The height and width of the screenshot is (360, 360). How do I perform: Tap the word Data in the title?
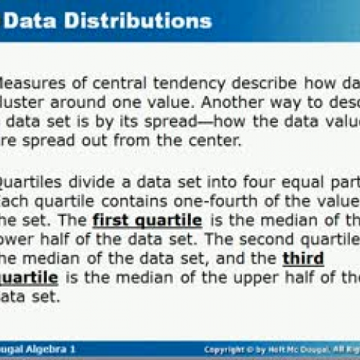point(37,20)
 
